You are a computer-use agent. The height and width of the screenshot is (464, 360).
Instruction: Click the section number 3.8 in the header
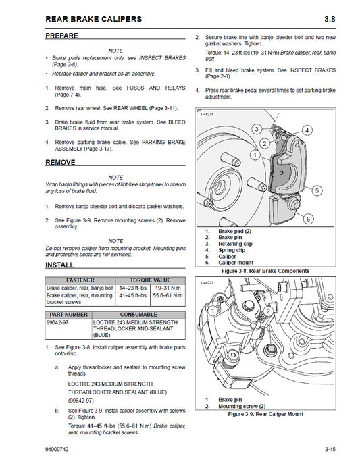(340, 18)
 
